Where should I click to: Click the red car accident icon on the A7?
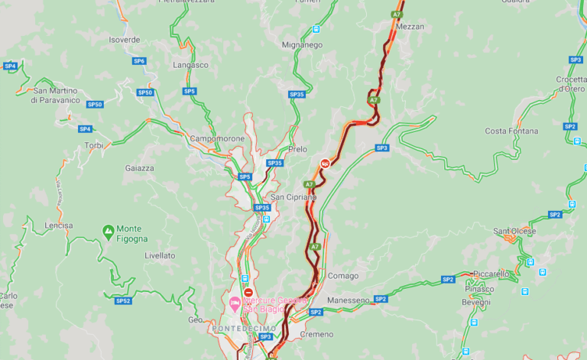pos(326,163)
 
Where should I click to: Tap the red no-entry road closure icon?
pos(248,293)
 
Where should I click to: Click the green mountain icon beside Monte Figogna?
pos(108,229)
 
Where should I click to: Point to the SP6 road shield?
pos(139,61)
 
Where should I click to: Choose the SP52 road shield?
pos(123,301)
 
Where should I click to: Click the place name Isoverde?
pos(125,39)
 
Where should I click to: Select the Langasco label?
pos(191,65)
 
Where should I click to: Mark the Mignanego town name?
pos(302,45)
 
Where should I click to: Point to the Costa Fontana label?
pos(511,131)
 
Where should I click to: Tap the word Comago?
pos(342,276)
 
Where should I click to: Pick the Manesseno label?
pos(349,300)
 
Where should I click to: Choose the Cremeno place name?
pos(316,335)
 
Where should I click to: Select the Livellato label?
pos(160,255)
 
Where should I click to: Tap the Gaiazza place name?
pos(141,167)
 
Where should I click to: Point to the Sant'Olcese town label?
pos(514,231)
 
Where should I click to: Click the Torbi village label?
pos(94,145)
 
